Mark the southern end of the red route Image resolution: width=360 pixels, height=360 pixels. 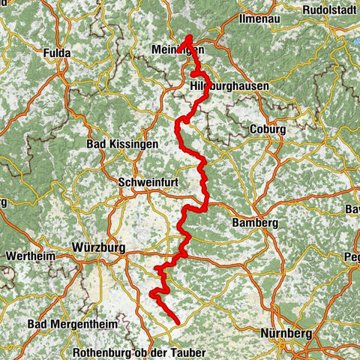click(178, 322)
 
